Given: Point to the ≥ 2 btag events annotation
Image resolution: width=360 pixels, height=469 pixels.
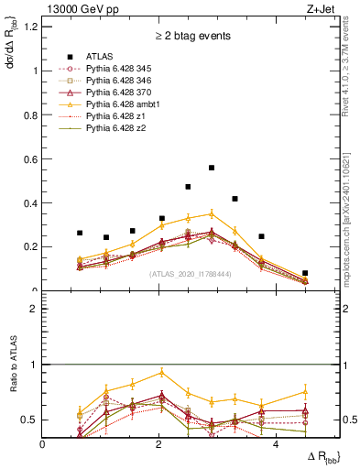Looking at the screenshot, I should (x=191, y=37).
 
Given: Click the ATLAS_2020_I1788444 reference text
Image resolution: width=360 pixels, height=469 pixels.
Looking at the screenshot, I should (x=191, y=273).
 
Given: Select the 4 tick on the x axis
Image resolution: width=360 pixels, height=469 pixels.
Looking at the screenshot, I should (x=276, y=444).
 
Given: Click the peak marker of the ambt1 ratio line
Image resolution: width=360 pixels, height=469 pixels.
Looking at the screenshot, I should (x=162, y=372).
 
